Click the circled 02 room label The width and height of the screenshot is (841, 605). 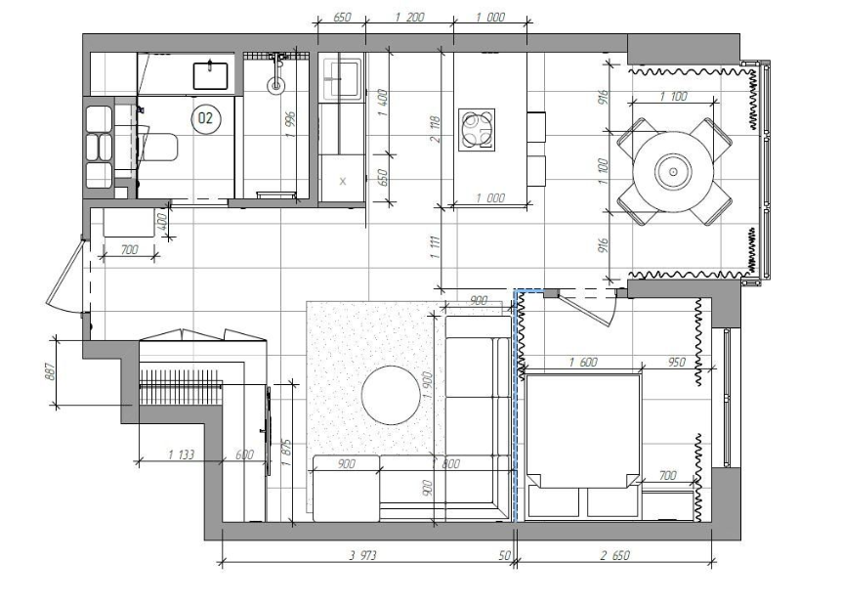[206, 118]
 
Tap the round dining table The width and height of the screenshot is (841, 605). [673, 172]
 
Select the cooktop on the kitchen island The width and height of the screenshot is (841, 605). [477, 130]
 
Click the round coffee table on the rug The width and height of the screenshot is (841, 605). [391, 396]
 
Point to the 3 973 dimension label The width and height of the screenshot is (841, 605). [363, 555]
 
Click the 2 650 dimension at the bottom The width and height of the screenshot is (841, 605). [614, 555]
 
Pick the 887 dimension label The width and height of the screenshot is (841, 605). [50, 372]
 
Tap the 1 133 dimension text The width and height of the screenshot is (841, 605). [181, 454]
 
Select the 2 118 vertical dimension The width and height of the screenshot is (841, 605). [435, 129]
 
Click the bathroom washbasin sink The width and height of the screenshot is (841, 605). [210, 75]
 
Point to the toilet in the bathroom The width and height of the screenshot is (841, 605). [159, 147]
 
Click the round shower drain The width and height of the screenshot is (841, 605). [276, 85]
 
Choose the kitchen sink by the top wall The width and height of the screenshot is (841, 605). [341, 78]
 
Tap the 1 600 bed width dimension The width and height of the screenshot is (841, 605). [583, 362]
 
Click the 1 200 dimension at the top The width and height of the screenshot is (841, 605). [409, 18]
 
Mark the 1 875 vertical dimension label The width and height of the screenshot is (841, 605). [285, 454]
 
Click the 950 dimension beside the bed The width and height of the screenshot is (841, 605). [676, 362]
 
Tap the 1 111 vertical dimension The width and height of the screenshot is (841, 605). [435, 247]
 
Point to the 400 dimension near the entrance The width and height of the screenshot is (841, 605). [163, 220]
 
